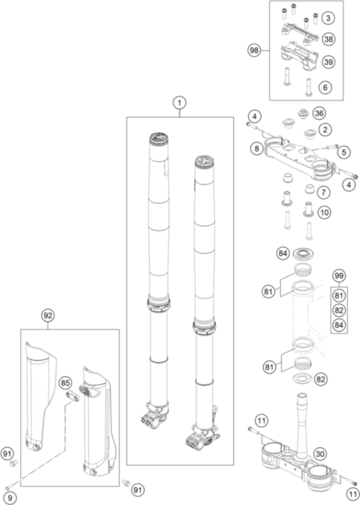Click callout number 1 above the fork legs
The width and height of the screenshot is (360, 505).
tap(179, 103)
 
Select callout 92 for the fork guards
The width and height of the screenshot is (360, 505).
tap(48, 316)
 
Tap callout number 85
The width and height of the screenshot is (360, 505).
tap(66, 383)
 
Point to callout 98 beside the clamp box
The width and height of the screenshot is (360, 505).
tap(255, 50)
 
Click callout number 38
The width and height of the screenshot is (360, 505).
tap(328, 39)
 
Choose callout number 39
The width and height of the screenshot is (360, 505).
tap(328, 62)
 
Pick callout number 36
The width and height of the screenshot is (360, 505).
tap(319, 114)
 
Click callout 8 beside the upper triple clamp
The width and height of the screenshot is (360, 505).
tap(257, 148)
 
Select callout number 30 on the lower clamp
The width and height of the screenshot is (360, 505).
tap(320, 454)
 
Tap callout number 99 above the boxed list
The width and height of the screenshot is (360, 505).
tap(339, 276)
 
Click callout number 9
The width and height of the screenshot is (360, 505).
tap(9, 498)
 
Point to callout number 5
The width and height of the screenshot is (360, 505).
tap(344, 152)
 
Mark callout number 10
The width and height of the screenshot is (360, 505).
tap(324, 213)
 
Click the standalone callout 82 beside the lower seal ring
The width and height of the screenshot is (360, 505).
tap(321, 379)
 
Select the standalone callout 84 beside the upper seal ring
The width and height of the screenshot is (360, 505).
tap(283, 254)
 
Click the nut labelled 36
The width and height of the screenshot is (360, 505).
tap(303, 114)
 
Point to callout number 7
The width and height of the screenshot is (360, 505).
tap(323, 193)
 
